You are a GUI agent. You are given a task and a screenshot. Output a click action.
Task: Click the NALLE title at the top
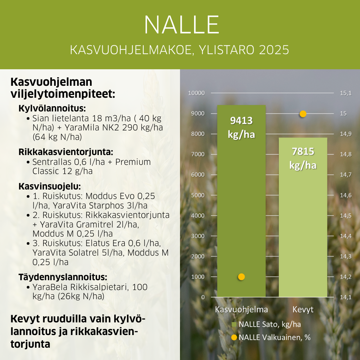pos(181,25)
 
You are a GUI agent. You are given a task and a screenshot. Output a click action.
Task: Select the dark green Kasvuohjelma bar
pos(241,211)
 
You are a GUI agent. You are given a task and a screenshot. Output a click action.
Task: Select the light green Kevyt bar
pos(303,229)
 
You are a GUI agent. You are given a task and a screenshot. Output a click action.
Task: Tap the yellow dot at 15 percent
pos(303,114)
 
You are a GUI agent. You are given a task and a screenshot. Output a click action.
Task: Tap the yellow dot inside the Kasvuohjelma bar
pos(241,277)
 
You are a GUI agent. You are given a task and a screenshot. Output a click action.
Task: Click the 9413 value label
pos(241,121)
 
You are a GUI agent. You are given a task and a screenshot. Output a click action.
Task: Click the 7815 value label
pos(303,152)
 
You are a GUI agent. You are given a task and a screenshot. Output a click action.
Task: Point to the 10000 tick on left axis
pos(197,93)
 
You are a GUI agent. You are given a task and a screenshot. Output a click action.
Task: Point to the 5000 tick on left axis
pos(198,195)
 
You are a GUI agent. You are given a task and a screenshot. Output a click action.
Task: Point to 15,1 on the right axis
pos(346,93)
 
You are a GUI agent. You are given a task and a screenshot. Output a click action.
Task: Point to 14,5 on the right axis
pos(346,216)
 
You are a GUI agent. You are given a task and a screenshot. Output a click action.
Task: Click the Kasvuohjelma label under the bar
pos(241,310)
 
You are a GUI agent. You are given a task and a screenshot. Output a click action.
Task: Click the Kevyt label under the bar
pos(303,310)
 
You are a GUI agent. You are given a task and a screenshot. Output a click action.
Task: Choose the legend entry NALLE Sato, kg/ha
pos(269,324)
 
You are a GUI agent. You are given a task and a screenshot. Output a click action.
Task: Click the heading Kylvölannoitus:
pos(52,108)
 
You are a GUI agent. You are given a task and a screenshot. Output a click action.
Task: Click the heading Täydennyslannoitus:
pos(63,277)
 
